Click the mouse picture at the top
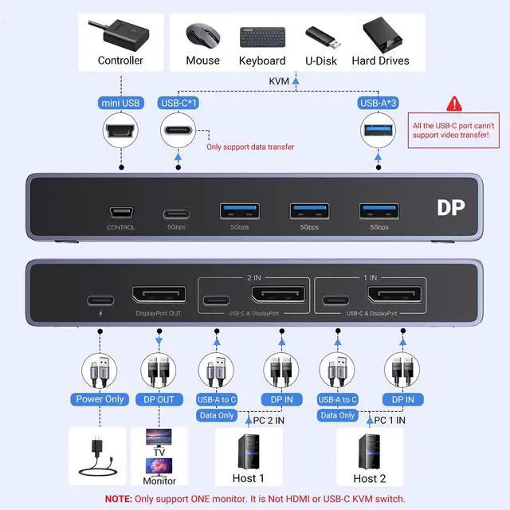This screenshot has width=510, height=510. (x=202, y=34)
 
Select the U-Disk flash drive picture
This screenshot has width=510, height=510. (x=323, y=36)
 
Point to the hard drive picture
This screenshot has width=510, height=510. (x=380, y=34)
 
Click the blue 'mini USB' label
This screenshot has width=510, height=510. (x=121, y=103)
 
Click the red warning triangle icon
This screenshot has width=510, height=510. (x=455, y=104)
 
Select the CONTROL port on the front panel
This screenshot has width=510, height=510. (x=121, y=214)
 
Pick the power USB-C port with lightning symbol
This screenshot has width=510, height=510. (x=100, y=301)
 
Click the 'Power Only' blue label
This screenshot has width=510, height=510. (x=100, y=398)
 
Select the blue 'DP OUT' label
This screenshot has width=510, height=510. (x=159, y=398)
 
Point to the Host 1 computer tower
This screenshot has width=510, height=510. (x=247, y=450)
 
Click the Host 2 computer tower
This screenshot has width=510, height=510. (x=368, y=450)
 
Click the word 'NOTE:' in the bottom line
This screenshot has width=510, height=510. (x=121, y=499)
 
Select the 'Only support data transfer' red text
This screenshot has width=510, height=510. (x=250, y=147)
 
